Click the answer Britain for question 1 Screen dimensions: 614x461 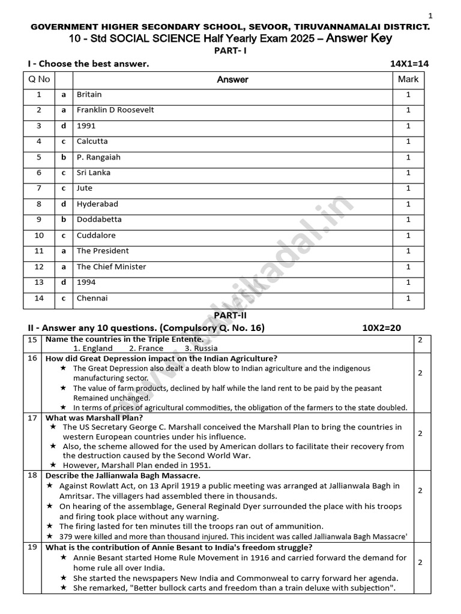89,95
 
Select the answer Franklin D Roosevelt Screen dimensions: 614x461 115,110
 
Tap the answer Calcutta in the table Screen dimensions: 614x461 92,142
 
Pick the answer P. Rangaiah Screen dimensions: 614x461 98,157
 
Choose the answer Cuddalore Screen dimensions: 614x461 96,236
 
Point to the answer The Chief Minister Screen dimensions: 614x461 111,267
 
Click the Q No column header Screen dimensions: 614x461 40,79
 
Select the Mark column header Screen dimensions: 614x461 408,79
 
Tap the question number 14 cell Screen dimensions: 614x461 40,299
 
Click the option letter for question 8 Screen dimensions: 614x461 64,204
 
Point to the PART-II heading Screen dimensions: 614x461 230,315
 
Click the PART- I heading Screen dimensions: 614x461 230,51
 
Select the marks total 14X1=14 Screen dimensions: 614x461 409,64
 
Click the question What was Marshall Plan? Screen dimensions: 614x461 94,418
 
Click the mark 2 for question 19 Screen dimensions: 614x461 420,562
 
